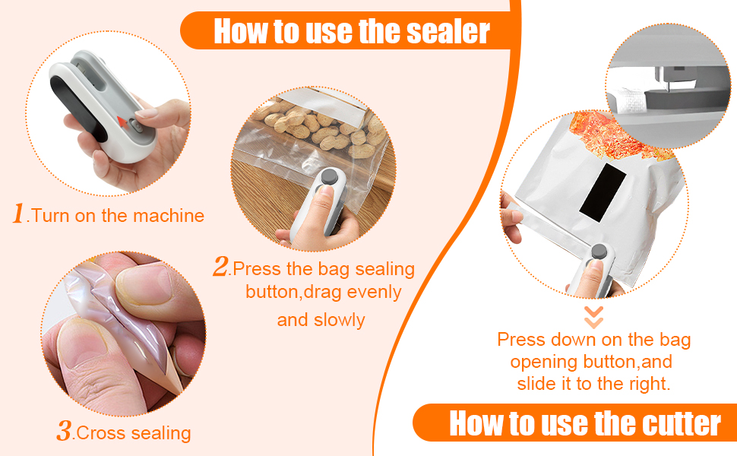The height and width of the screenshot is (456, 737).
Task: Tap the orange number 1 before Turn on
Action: click(x=19, y=214)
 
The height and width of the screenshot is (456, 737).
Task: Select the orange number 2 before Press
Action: click(x=221, y=267)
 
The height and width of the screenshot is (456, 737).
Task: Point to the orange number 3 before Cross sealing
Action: click(x=64, y=432)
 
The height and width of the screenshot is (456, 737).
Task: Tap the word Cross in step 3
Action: click(x=99, y=433)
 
